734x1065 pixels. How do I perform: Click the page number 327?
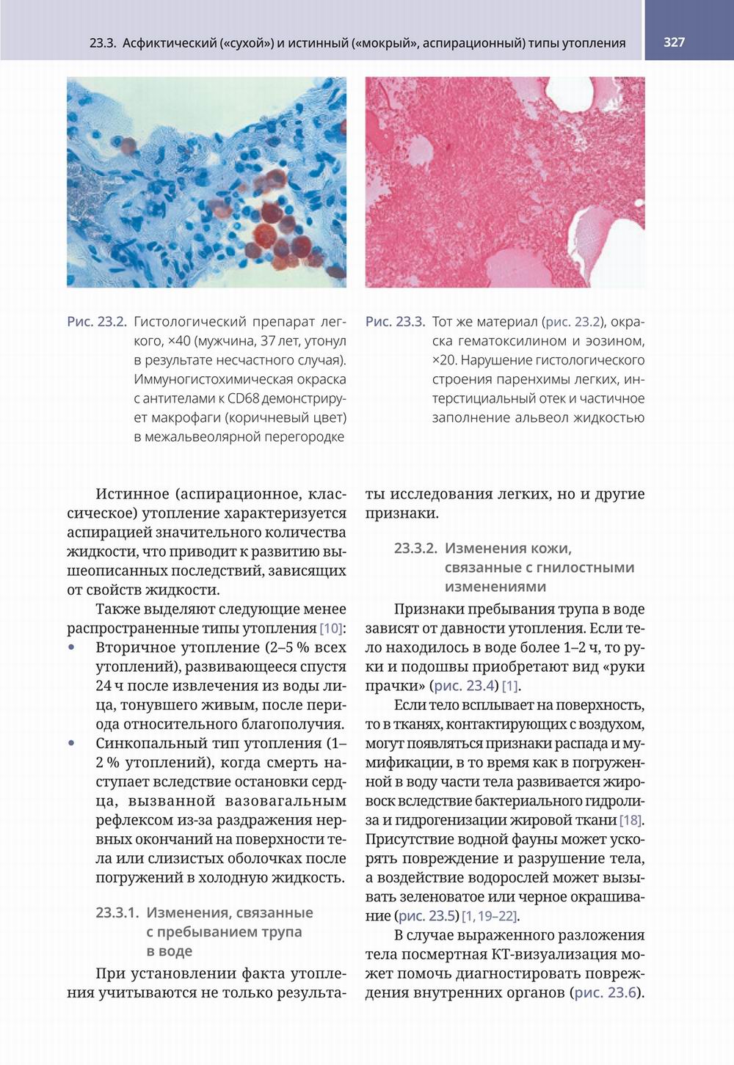(x=674, y=42)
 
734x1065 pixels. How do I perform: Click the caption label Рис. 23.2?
(x=96, y=322)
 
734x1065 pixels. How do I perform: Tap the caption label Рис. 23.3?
(x=395, y=322)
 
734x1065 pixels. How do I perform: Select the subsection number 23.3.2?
(x=415, y=549)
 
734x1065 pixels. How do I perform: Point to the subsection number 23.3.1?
(x=117, y=913)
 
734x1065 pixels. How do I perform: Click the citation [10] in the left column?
(x=331, y=629)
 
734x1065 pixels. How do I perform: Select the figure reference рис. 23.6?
(x=606, y=993)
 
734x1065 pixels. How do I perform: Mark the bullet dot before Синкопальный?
(x=71, y=743)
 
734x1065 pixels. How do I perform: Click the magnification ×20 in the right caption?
(x=443, y=360)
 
